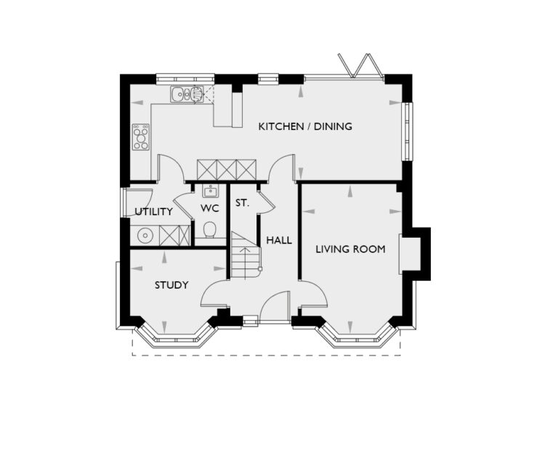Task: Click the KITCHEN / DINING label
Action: click(305, 126)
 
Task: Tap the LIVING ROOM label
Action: click(350, 249)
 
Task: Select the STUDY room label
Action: click(171, 285)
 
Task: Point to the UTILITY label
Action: click(154, 212)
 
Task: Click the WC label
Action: click(210, 209)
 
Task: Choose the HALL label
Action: click(279, 240)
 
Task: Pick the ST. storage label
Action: click(242, 204)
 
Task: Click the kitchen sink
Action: click(187, 94)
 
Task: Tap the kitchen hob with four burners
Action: click(141, 137)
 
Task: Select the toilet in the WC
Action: click(210, 230)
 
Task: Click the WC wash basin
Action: click(210, 192)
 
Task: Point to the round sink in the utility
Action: click(145, 236)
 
